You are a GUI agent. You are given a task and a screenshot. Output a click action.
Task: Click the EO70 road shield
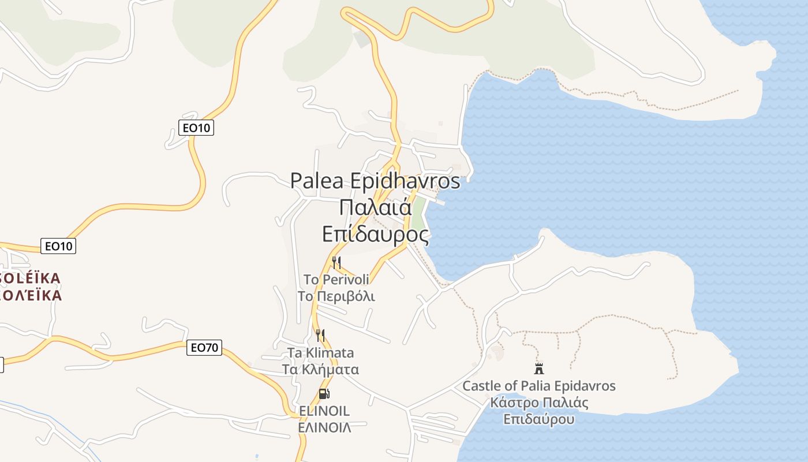point(204,348)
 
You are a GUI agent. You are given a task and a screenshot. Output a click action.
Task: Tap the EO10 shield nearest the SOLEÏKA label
point(59,246)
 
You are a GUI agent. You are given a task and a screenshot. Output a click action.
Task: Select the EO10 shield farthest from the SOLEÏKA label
point(196,128)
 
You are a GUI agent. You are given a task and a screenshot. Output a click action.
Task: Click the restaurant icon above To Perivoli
point(336,263)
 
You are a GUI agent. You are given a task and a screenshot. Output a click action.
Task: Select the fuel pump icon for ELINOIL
point(324,394)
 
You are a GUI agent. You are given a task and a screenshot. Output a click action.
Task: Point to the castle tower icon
point(539,368)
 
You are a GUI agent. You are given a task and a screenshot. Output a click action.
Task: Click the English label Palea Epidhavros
point(375,181)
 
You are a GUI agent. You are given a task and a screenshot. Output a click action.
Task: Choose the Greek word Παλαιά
point(375,207)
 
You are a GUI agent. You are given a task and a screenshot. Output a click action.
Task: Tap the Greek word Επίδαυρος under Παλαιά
point(376,234)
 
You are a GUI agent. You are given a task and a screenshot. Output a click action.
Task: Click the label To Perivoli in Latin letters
point(336,280)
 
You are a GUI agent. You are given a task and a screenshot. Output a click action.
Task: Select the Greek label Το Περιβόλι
point(336,297)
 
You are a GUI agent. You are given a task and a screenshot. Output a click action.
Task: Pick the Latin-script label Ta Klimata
point(320,353)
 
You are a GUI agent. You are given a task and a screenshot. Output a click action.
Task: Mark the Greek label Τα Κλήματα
point(320,370)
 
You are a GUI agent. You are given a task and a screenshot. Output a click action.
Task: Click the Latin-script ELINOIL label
point(324,411)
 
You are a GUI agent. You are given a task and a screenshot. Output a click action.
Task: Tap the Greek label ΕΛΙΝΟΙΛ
point(324,428)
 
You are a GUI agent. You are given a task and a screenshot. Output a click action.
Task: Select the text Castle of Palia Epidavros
point(539,386)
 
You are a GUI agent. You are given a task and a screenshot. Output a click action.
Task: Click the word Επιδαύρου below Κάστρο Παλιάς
point(539,419)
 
